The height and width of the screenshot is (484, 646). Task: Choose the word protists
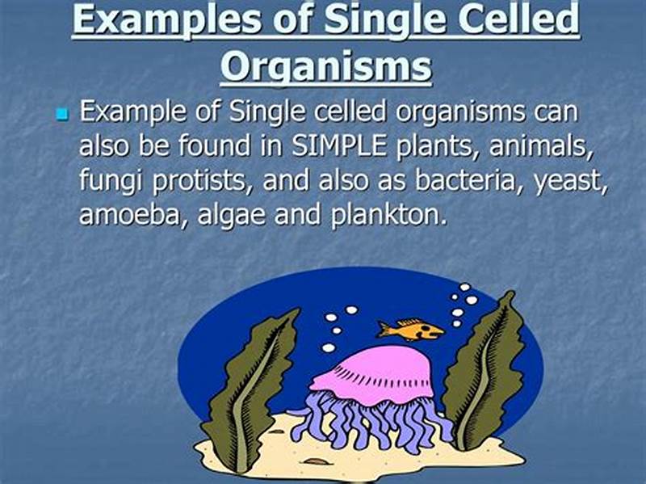click(x=198, y=183)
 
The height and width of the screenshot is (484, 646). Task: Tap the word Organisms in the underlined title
click(x=326, y=66)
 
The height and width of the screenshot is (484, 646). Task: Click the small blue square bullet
click(x=62, y=115)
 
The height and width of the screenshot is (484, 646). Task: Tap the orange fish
click(x=411, y=329)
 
